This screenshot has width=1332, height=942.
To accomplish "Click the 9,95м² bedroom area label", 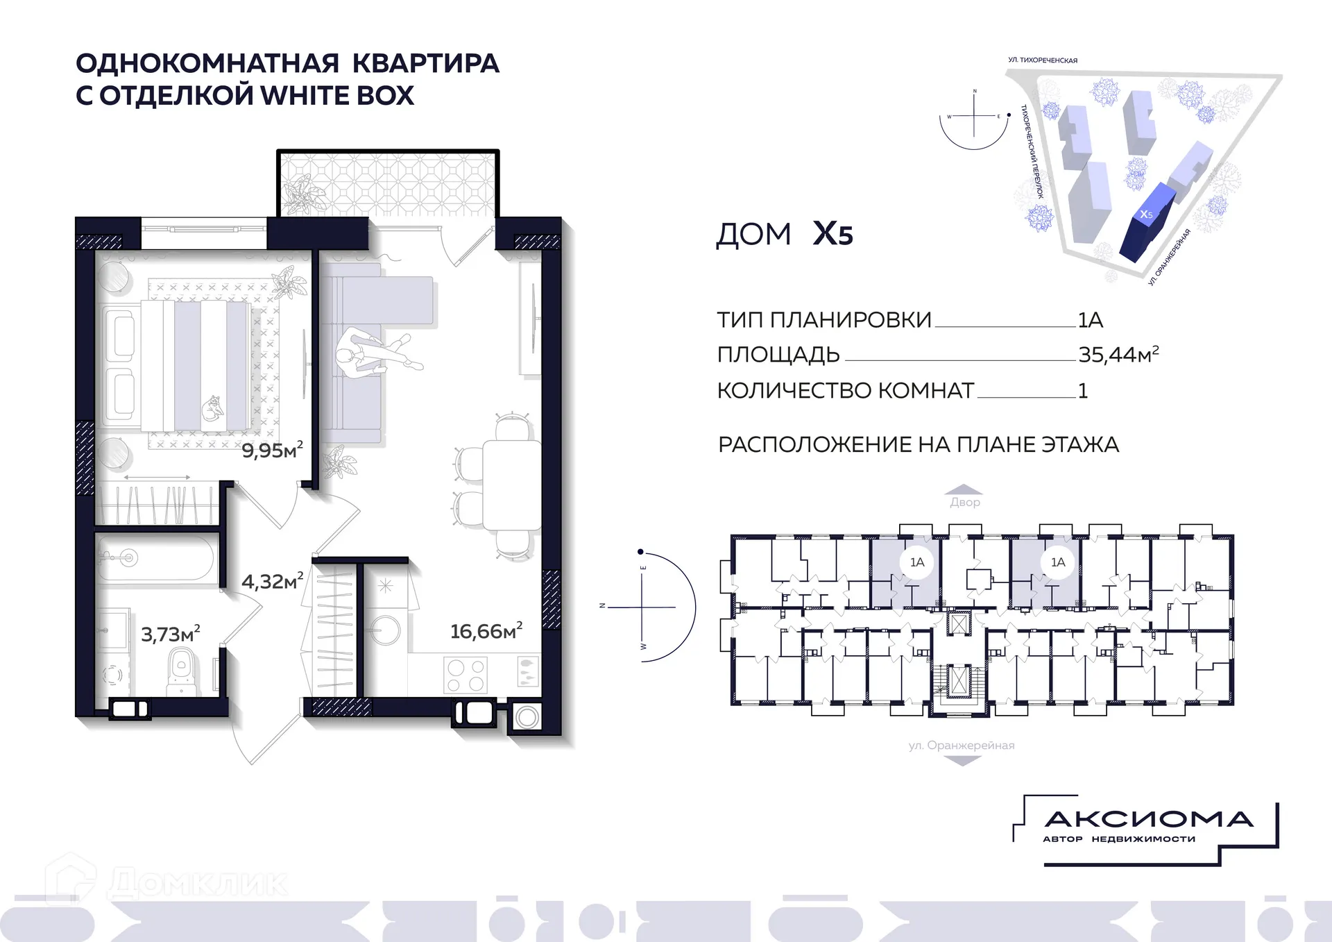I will pos(272,451).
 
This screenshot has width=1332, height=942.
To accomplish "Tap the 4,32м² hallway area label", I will pos(272,581).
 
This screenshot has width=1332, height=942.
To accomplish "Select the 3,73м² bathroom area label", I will pos(171,634).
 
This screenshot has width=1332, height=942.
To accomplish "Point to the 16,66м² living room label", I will pos(486,631).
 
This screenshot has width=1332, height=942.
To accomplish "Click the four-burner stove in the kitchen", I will pos(466,675).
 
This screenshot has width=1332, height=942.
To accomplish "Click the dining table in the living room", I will pos(511,485).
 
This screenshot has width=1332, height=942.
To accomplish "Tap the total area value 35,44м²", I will pos(1118,355).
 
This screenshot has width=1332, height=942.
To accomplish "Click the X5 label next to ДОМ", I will pos(832,234).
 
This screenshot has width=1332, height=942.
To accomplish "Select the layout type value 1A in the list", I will pos(1090,320).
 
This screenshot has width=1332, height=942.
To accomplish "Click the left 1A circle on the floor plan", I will pos(917,562).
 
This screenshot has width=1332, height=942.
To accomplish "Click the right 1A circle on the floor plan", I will pos(1057,562).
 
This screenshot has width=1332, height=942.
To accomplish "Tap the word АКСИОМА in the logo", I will pos(1148,820).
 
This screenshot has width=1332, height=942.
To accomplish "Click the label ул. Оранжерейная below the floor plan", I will pos(962,746).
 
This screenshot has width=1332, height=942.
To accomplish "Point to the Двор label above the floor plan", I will pos(965,502).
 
